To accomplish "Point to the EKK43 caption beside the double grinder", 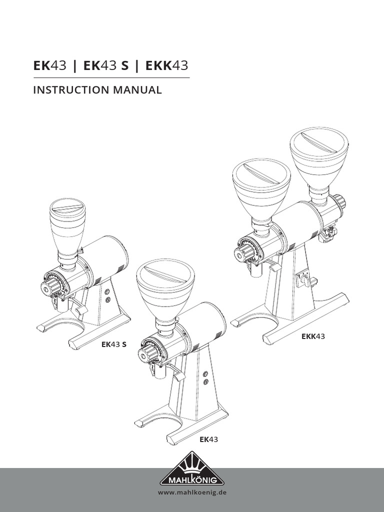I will pyautogui.click(x=313, y=336).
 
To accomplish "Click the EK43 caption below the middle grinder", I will pyautogui.click(x=209, y=439).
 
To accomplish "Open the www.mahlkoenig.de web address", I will pyautogui.click(x=192, y=493).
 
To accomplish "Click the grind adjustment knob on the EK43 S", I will pyautogui.click(x=51, y=286).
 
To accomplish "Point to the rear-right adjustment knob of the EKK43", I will pyautogui.click(x=340, y=201).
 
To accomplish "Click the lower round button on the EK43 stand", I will pyautogui.click(x=205, y=381).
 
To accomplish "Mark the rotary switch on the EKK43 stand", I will pyautogui.click(x=303, y=279).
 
